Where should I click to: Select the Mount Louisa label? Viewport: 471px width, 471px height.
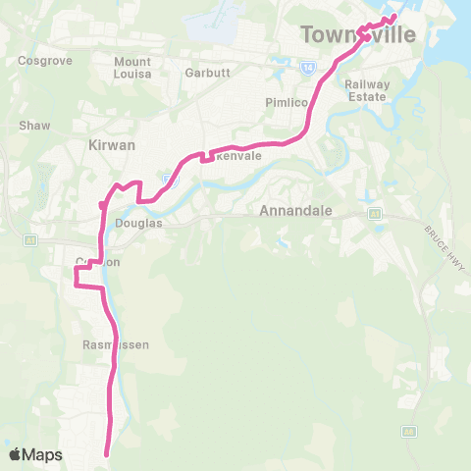click(x=132, y=68)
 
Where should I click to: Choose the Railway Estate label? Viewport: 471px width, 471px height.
click(x=368, y=90)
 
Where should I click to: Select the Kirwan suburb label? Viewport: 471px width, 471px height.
click(x=113, y=144)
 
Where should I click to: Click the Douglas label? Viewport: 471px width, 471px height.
click(x=138, y=223)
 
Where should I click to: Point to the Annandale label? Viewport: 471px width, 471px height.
click(x=295, y=211)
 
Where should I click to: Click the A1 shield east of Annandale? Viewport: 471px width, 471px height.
click(x=374, y=213)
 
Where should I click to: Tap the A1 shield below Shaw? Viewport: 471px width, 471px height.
click(x=30, y=238)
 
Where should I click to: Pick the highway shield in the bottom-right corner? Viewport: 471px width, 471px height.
click(x=408, y=431)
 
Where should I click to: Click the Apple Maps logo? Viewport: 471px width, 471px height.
click(x=34, y=454)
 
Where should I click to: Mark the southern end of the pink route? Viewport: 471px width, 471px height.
click(x=107, y=453)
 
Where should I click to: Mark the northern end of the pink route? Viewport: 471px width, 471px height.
click(x=393, y=17)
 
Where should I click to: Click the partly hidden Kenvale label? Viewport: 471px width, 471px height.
click(x=235, y=156)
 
